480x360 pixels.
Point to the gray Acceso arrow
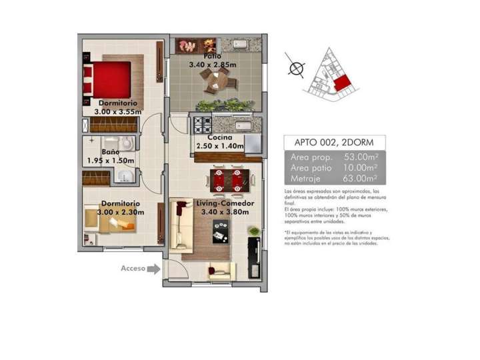[153, 269]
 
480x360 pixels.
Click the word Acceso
[133, 269]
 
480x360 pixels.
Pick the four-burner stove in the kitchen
[202, 124]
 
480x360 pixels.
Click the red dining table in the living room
[227, 179]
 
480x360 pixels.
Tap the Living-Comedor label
[223, 203]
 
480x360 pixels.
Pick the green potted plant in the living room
[253, 230]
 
